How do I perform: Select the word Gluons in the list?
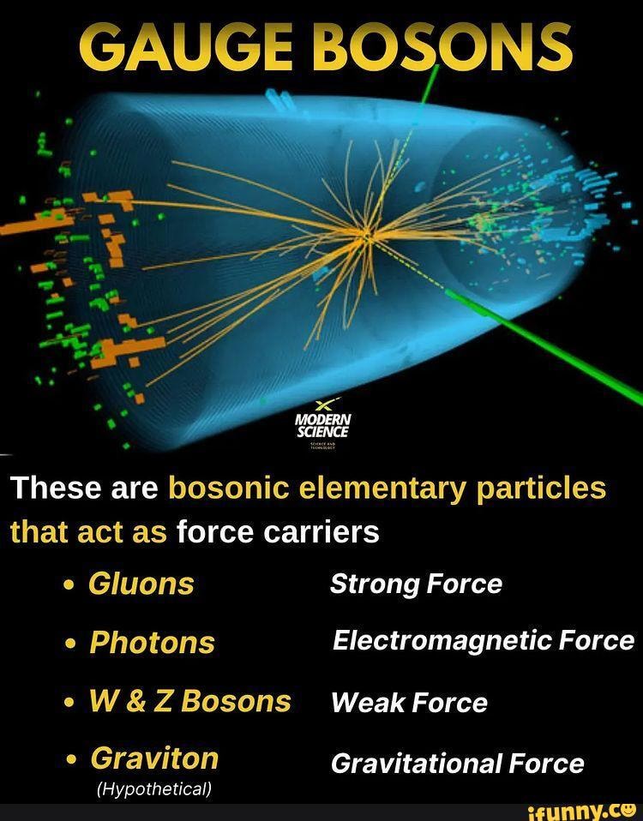pos(141,584)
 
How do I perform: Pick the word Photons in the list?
pos(153,643)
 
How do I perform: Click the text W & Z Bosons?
pos(190,701)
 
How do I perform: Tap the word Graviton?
pos(154,758)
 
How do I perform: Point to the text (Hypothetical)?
pos(154,788)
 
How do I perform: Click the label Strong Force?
pos(416,584)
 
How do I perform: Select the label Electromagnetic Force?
pos(484,641)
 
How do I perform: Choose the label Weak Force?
pos(409,703)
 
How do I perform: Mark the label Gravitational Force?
pos(457,763)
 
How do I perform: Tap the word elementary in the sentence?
pos(375,488)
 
